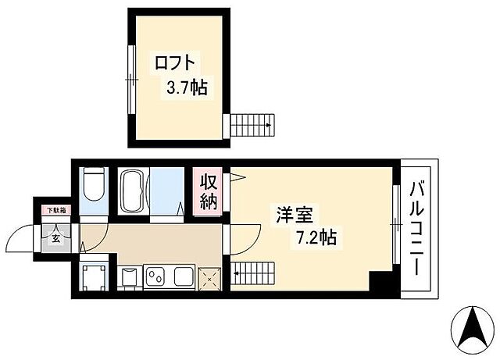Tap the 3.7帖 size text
(x=185, y=87)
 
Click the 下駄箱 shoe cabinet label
(x=55, y=209)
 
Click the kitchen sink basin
(x=184, y=277)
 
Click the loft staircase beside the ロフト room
(x=251, y=123)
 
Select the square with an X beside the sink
(x=209, y=277)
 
